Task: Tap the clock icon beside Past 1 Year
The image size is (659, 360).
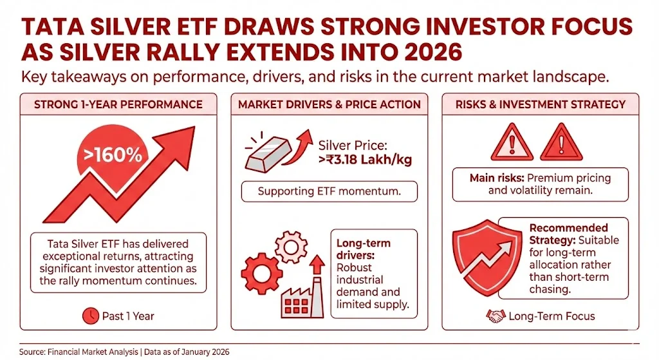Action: click(91, 316)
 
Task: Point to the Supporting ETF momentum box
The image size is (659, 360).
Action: click(329, 191)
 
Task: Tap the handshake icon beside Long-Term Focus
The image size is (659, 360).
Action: click(495, 316)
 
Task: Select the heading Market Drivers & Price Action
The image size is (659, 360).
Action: click(329, 104)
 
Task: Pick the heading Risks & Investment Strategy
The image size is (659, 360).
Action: click(540, 104)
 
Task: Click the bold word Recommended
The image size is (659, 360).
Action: click(568, 228)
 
